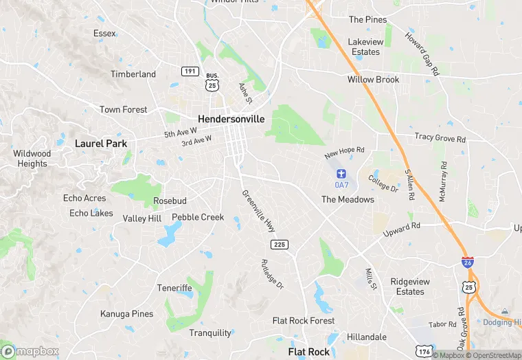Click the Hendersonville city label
click(x=231, y=118)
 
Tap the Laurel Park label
click(x=101, y=144)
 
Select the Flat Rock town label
click(x=309, y=352)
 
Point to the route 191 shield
click(x=190, y=71)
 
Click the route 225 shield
click(x=279, y=245)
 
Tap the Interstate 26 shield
click(x=467, y=262)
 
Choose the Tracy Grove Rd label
click(x=440, y=138)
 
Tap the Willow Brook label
click(x=373, y=80)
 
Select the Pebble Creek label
click(x=198, y=217)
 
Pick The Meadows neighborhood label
click(x=348, y=199)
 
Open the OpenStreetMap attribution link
click(x=494, y=355)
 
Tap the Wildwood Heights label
click(x=32, y=159)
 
